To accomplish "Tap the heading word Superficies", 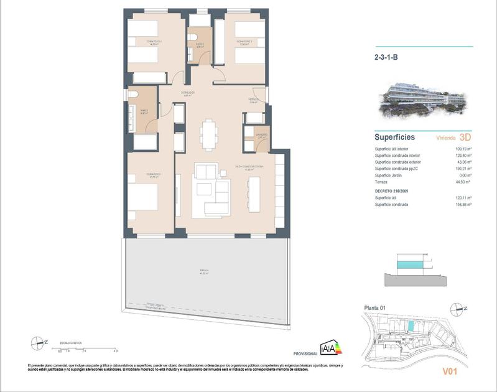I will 395,138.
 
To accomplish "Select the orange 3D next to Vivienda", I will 465,138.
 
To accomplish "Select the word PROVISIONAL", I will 305,353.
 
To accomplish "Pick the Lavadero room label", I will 261,135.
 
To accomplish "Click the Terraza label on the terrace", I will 204,271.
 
